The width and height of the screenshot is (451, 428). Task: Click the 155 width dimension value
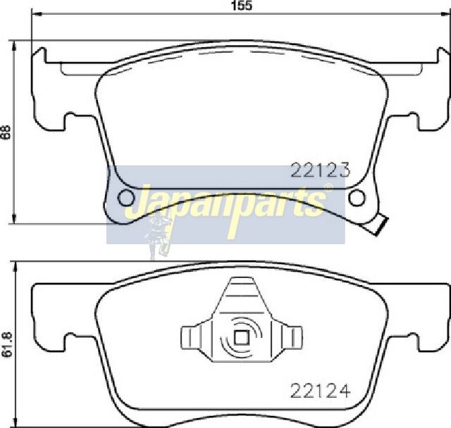[242, 6]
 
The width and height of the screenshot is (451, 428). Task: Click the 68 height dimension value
[6, 132]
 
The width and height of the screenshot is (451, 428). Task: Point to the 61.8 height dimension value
[6, 344]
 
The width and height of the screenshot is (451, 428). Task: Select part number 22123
[320, 170]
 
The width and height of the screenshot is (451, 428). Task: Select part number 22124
[321, 391]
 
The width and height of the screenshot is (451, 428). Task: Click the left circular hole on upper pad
[125, 198]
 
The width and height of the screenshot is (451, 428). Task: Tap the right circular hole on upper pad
[357, 198]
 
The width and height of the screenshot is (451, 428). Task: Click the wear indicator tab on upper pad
[378, 224]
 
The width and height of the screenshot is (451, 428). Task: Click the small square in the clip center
[241, 337]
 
